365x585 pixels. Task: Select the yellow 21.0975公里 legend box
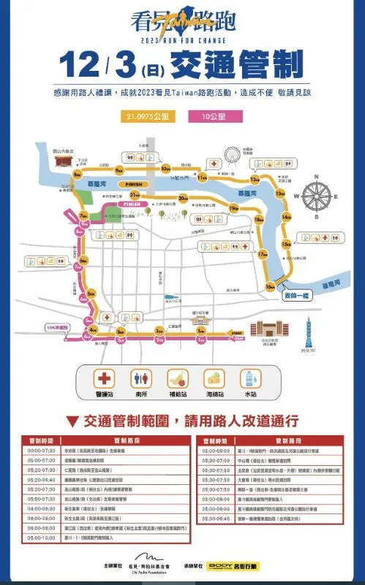(x=146, y=116)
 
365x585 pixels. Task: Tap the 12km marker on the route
(x=255, y=179)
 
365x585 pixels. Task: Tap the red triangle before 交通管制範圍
(x=72, y=421)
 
